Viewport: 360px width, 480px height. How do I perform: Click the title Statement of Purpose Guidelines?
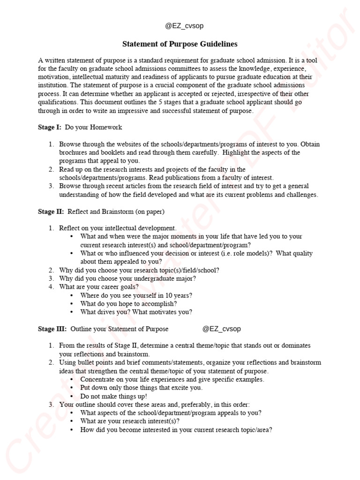point(180,44)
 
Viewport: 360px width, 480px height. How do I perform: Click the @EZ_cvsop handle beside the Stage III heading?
point(221,329)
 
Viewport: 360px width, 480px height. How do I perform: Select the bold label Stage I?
point(50,127)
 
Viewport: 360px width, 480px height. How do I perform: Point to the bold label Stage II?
point(51,211)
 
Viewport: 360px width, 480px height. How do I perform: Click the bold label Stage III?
point(52,329)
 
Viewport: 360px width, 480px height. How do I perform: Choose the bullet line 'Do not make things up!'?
point(113,396)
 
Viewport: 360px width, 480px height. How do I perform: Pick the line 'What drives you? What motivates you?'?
point(136,312)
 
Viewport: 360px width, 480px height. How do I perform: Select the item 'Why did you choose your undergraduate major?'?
point(127,278)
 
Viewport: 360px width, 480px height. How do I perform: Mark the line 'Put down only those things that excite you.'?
point(141,388)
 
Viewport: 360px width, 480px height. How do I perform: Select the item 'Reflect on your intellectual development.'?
point(118,228)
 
